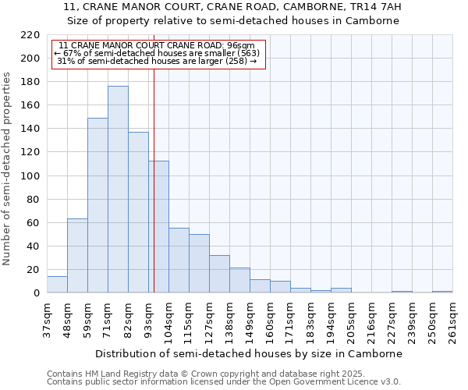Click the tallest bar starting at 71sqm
point(118,190)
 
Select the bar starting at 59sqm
point(97,205)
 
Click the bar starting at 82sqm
point(138,212)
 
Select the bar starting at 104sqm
point(179,261)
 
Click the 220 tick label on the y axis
point(30,35)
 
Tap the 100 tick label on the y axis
point(30,176)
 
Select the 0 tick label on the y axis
point(37,293)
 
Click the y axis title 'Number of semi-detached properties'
point(8,168)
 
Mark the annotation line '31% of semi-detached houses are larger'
point(157,61)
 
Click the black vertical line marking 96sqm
point(154,195)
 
